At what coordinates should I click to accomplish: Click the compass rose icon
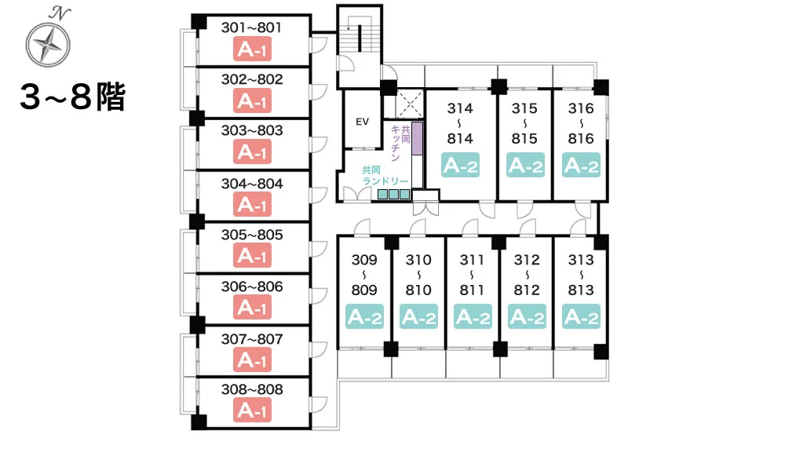[x=48, y=45]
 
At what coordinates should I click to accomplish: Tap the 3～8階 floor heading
[x=72, y=97]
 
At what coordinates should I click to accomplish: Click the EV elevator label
[x=362, y=122]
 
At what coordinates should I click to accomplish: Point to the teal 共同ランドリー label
[x=385, y=176]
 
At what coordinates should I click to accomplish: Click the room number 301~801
[x=251, y=27]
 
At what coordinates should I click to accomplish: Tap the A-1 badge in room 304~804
[x=252, y=205]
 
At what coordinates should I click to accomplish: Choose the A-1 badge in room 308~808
[x=252, y=410]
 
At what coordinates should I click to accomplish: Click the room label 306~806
[x=252, y=287]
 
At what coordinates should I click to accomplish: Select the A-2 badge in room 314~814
[x=461, y=165]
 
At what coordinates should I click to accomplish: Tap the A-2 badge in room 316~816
[x=581, y=165]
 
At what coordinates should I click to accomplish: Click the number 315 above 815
[x=524, y=108]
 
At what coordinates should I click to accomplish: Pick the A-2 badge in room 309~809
[x=364, y=317]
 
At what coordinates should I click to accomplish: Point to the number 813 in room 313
[x=581, y=290]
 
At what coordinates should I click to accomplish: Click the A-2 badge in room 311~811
[x=473, y=317]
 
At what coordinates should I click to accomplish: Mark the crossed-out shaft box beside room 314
[x=410, y=104]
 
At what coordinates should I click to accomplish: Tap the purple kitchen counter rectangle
[x=417, y=139]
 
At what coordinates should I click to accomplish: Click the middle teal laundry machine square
[x=393, y=194]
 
